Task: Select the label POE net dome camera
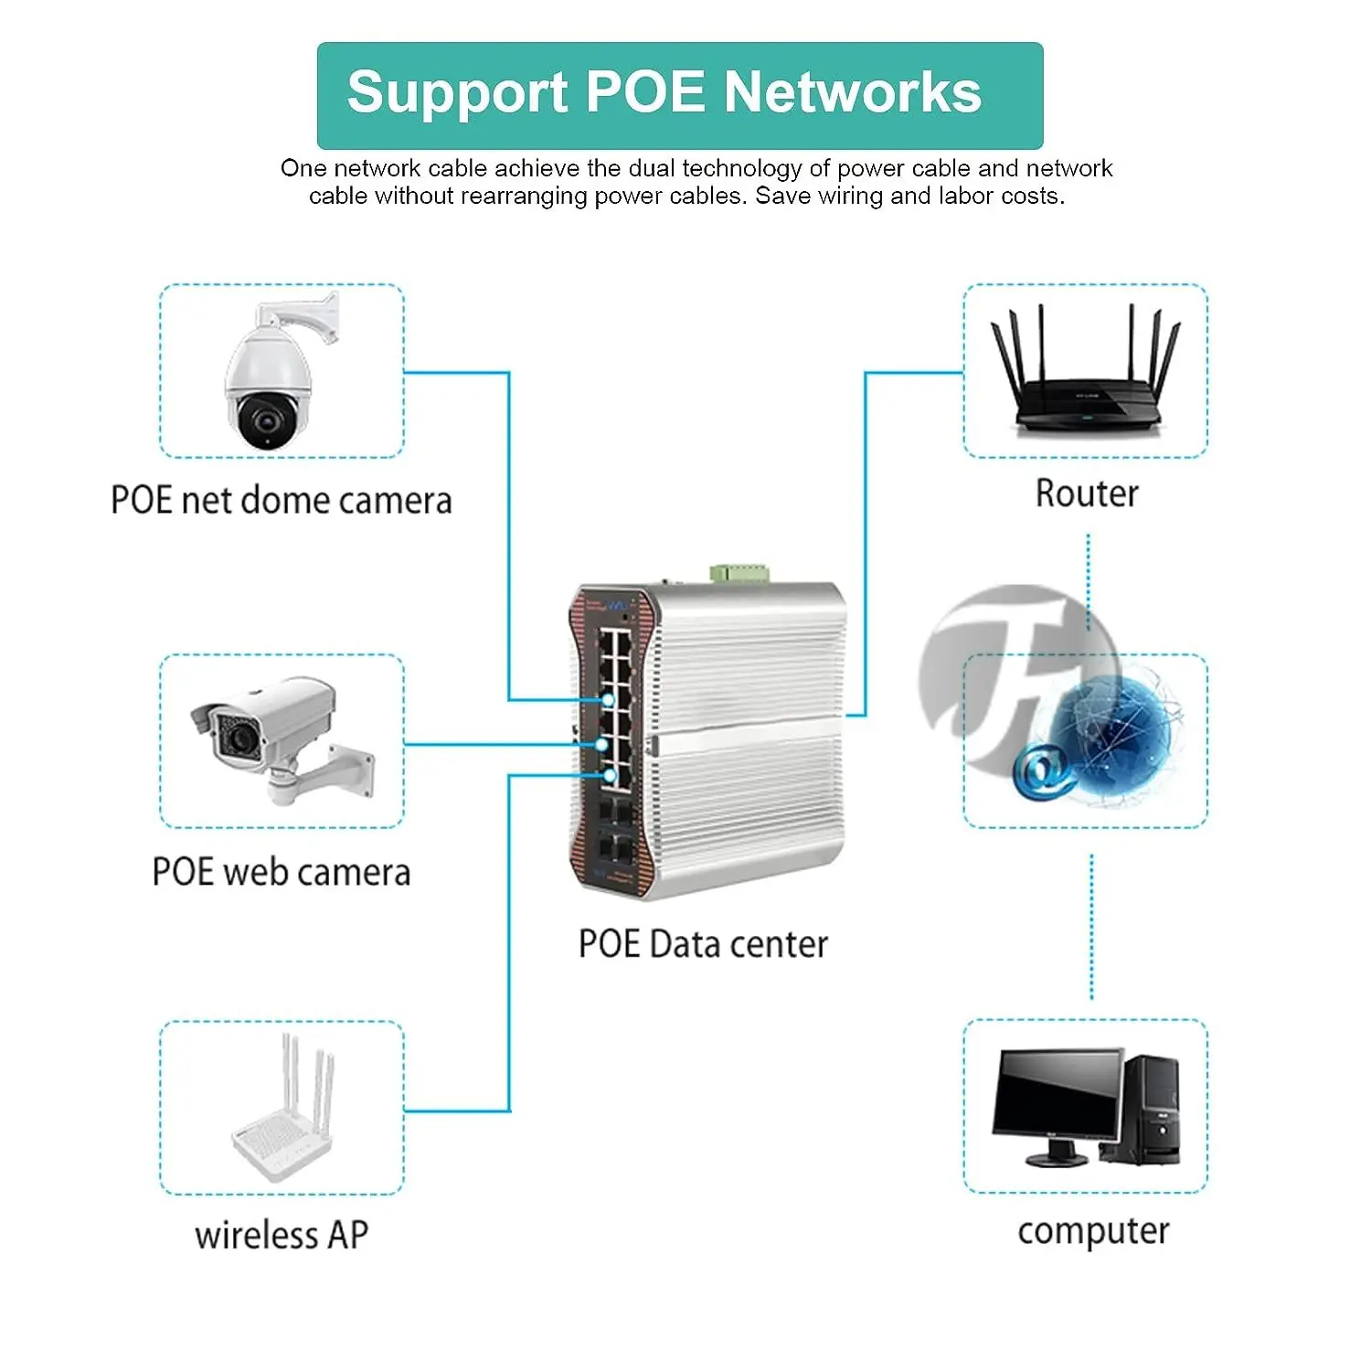281,501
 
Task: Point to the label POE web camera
281,872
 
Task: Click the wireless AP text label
282,1235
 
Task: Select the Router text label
1087,494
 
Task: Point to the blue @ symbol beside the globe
1042,771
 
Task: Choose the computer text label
1093,1231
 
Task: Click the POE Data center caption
703,944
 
